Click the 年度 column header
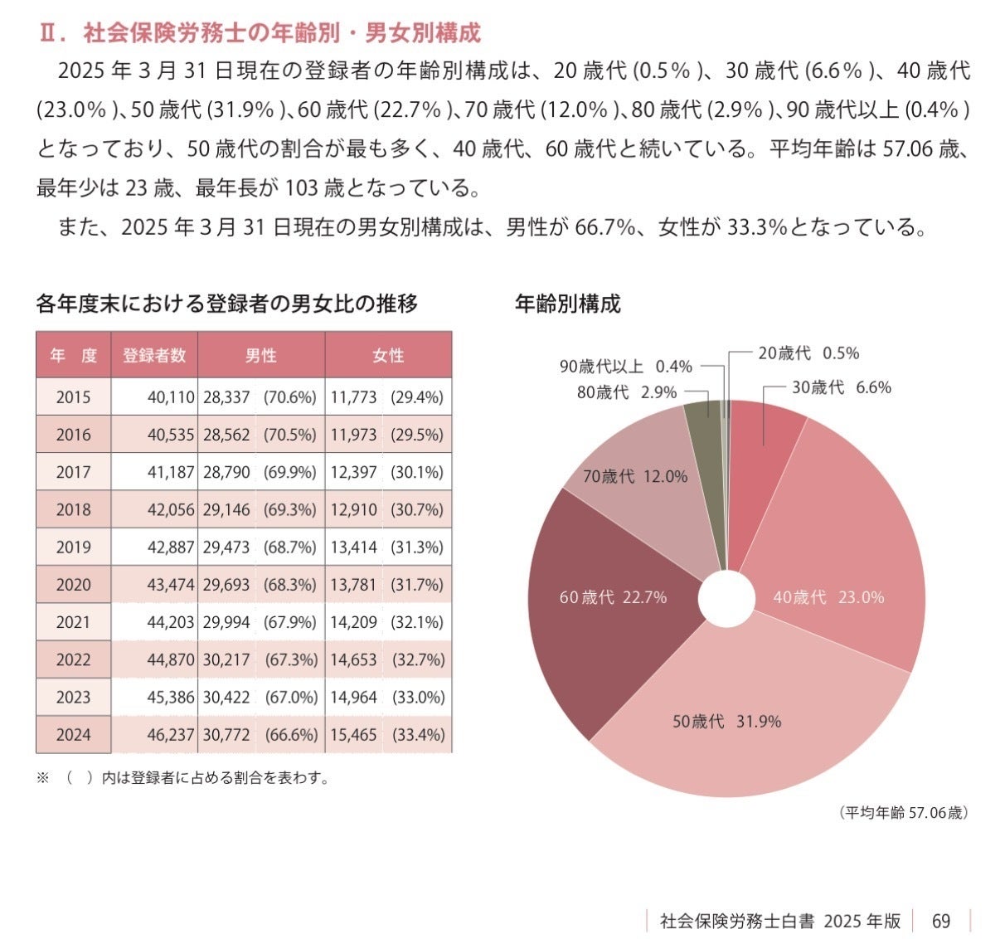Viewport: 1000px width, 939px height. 74,355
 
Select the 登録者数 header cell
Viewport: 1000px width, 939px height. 154,355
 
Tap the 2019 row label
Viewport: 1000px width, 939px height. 74,547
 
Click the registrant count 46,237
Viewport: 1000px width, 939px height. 170,734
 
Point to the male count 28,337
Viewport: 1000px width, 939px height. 226,397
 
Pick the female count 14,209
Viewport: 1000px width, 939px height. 353,622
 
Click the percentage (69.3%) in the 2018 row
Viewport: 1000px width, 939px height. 290,510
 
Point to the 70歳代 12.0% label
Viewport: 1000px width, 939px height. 635,476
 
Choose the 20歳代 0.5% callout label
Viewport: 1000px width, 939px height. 808,353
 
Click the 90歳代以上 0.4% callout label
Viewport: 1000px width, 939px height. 626,367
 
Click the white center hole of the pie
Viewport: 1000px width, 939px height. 726,598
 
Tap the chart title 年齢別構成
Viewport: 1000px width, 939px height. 567,304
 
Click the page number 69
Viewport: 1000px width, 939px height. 941,921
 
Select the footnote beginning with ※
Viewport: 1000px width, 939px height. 182,778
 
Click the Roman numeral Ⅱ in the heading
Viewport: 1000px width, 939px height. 49,33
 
